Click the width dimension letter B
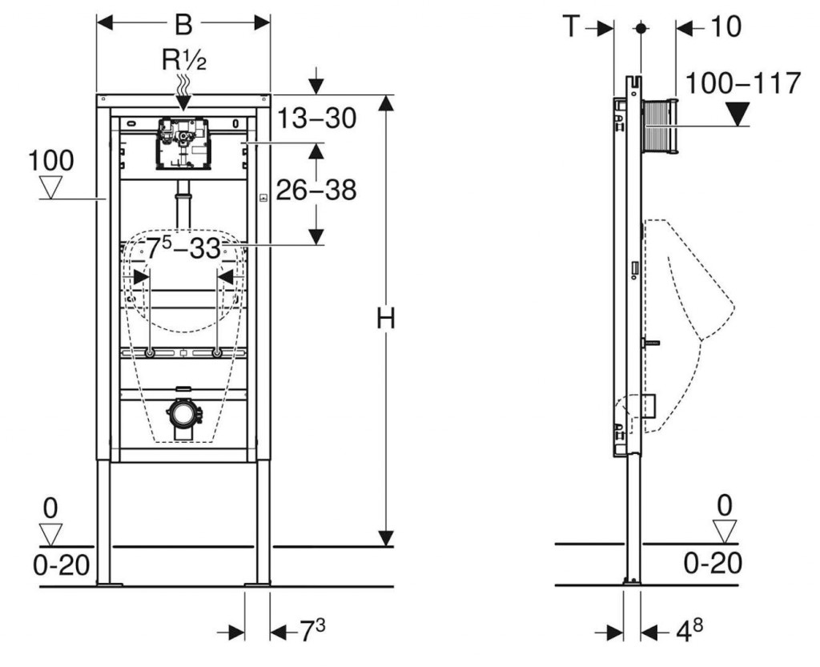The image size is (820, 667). [183, 24]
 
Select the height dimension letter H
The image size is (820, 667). [386, 319]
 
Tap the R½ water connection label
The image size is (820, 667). [185, 59]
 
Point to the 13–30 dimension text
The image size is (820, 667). [316, 119]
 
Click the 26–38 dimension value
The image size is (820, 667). [316, 190]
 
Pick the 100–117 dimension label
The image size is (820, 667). [744, 82]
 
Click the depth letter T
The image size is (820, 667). [570, 26]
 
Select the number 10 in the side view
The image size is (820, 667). [726, 26]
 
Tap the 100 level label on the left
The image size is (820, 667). [51, 160]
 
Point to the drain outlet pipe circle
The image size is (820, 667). [183, 414]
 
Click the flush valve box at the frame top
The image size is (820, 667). [183, 145]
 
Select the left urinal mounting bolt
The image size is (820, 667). [150, 352]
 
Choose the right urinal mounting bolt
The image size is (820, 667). [216, 352]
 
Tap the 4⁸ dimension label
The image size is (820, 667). [687, 631]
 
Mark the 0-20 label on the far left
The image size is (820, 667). [58, 565]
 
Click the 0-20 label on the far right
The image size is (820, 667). [713, 562]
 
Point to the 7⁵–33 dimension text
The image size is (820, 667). [183, 249]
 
